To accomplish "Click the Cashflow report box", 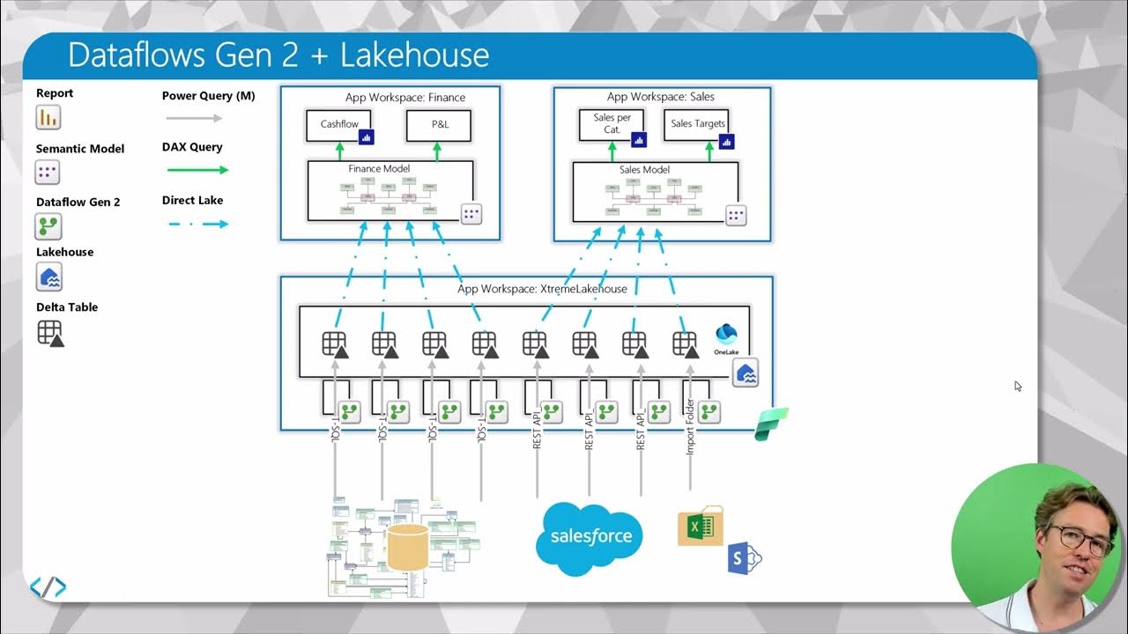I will coord(339,125).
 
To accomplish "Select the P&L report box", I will coord(439,125).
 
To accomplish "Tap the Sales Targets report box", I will coord(697,124).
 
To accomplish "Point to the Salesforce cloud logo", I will coord(590,536).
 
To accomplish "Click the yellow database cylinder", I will coord(407,546).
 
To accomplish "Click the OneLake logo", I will coord(726,338).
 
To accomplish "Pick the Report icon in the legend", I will coord(48,117).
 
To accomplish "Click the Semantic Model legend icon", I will coord(48,172).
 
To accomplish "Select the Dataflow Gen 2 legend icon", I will coord(48,226).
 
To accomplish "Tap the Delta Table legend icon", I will coord(50,333).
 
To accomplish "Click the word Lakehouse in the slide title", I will coord(414,55).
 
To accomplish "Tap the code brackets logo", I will coord(48,587).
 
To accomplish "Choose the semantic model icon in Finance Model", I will coord(471,215).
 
